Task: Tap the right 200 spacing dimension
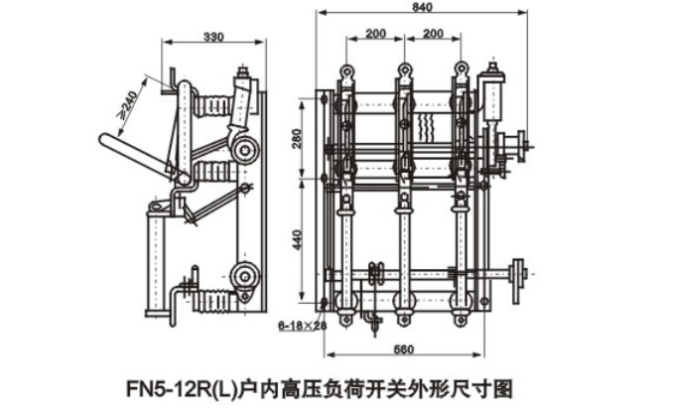point(432,34)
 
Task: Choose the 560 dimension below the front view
point(402,349)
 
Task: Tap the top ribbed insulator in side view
point(210,104)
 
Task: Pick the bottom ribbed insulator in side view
point(212,299)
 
